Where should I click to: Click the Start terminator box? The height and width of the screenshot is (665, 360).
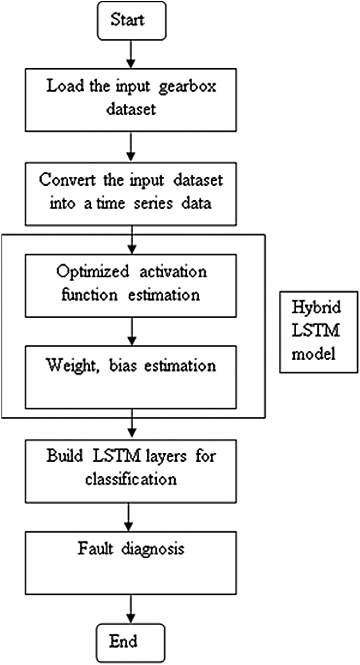[x=130, y=21]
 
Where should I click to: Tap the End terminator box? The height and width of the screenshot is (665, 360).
[x=129, y=641]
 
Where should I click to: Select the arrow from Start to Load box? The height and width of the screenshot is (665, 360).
[x=130, y=55]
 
